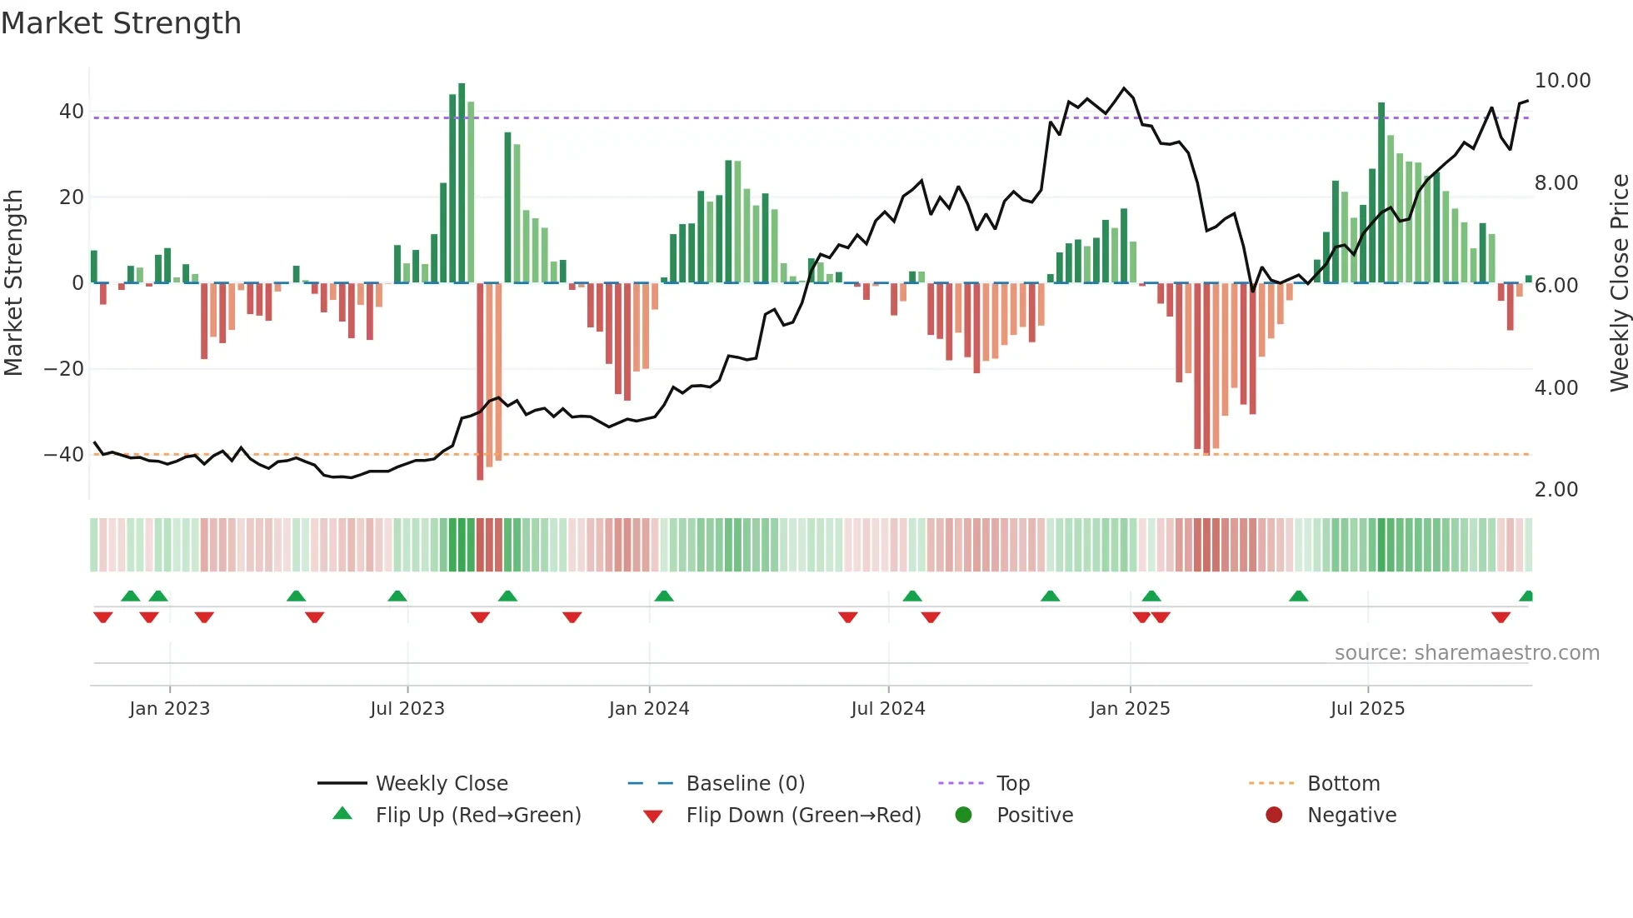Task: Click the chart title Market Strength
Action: click(x=121, y=23)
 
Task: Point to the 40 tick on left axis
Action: click(x=72, y=112)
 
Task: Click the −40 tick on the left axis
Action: click(x=64, y=455)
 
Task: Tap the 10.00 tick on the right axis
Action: click(x=1562, y=81)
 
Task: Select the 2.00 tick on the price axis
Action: click(x=1556, y=490)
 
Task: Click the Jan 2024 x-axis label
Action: click(x=649, y=709)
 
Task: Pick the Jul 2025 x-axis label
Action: click(x=1367, y=709)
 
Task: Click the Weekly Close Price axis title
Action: click(x=1619, y=282)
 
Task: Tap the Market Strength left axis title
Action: click(x=13, y=282)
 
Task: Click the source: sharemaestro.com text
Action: click(x=1466, y=653)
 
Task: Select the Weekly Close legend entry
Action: click(x=441, y=784)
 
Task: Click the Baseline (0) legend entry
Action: click(x=745, y=784)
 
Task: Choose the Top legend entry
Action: click(x=1012, y=784)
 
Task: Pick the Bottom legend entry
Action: click(x=1343, y=784)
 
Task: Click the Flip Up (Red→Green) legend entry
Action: click(x=477, y=816)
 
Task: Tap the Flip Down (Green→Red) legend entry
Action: click(x=803, y=816)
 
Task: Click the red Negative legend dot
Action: click(x=1273, y=815)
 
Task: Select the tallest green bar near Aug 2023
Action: click(x=462, y=183)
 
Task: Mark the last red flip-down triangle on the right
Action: click(x=1501, y=617)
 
